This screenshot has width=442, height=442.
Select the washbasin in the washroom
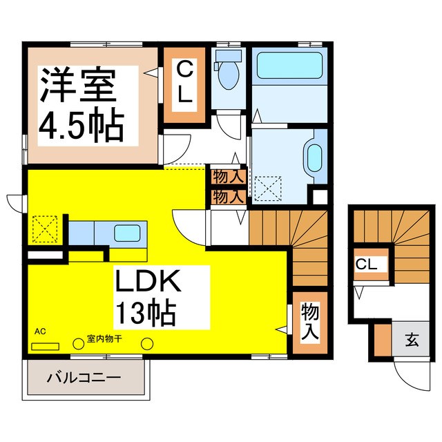(x=314, y=158)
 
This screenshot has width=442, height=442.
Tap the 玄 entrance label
(x=412, y=339)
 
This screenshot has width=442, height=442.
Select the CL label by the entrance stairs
(x=366, y=264)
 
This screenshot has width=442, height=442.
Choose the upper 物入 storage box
(x=228, y=177)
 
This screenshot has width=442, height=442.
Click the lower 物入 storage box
(x=228, y=196)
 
